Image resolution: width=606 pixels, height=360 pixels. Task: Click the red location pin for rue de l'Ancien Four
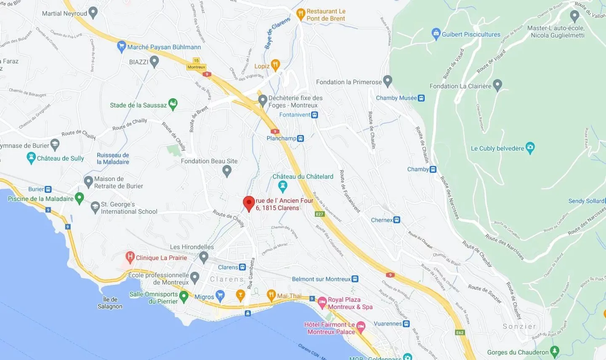[x=249, y=203]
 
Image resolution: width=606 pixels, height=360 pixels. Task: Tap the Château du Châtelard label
[x=303, y=176]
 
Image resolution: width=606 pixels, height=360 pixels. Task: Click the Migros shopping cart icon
[x=220, y=296]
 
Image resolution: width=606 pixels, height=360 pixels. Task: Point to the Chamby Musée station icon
[x=421, y=98]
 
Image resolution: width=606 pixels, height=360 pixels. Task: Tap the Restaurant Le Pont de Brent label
[x=326, y=15]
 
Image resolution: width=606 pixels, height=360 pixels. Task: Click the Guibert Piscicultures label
[x=471, y=35]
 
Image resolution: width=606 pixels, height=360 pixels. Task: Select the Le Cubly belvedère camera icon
[x=530, y=148]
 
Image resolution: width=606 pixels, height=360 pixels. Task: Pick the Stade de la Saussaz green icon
[x=173, y=104]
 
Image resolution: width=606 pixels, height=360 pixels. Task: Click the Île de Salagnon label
[x=110, y=303]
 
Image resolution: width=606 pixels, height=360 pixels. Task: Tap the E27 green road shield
[x=320, y=214]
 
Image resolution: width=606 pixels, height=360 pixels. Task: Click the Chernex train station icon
[x=397, y=220]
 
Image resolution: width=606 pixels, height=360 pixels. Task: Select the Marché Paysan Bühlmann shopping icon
[x=122, y=46]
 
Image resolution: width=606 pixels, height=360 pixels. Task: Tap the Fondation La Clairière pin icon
[x=497, y=85]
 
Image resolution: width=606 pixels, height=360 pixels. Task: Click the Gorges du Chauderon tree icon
[x=555, y=351]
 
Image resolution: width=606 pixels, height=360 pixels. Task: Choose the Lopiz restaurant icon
[x=275, y=65]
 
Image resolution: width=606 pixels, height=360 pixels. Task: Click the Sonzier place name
[x=519, y=326]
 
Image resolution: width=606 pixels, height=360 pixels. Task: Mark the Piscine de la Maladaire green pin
[x=79, y=198]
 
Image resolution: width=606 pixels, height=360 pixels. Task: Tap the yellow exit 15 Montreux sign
[x=196, y=64]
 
